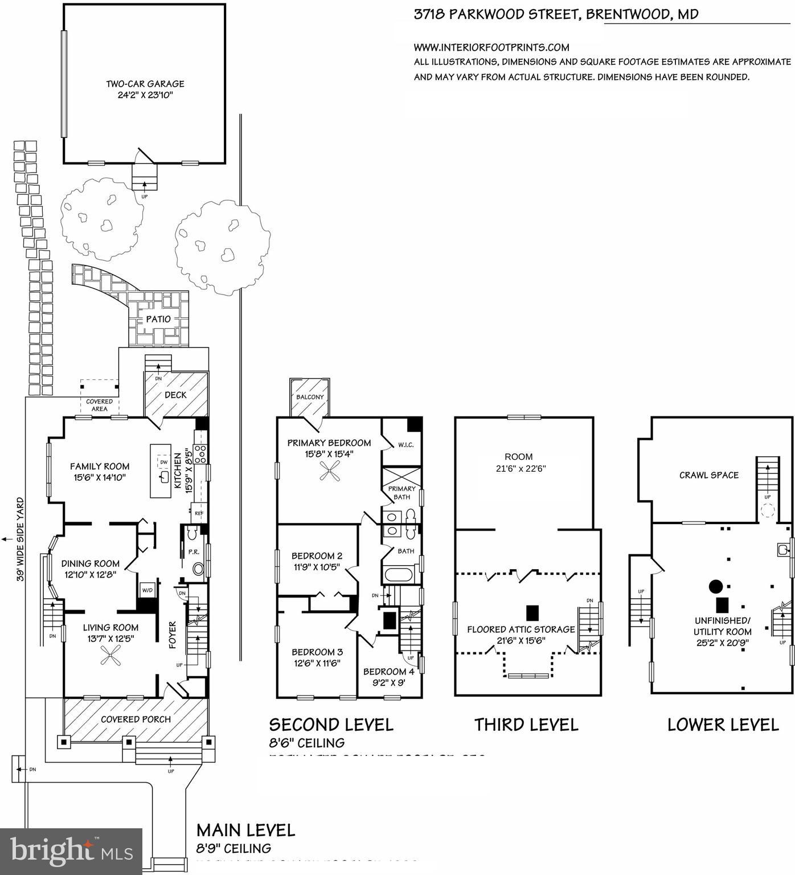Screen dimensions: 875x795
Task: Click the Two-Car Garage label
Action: [x=145, y=84]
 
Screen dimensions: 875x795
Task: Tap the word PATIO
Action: [x=158, y=319]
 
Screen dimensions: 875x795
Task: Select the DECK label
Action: [x=175, y=395]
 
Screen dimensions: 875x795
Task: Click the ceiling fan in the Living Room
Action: [x=110, y=659]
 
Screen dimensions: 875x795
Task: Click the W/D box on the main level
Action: [x=147, y=590]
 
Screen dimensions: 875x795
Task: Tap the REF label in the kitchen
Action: [x=199, y=513]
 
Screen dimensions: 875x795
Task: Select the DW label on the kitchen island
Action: [x=163, y=463]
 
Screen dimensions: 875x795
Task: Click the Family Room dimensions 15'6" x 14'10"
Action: [x=99, y=478]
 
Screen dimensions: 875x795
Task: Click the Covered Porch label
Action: [x=136, y=719]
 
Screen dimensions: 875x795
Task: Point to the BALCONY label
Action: [x=310, y=397]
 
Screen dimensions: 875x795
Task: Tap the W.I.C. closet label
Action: [x=405, y=445]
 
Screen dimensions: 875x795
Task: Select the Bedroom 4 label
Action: [x=385, y=672]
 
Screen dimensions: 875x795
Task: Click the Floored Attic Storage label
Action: [x=521, y=629]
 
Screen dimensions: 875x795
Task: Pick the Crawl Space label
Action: [x=708, y=475]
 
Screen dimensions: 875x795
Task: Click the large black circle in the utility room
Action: [x=715, y=586]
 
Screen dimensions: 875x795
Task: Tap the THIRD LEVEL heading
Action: [x=526, y=725]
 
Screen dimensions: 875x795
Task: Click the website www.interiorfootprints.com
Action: [x=491, y=47]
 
